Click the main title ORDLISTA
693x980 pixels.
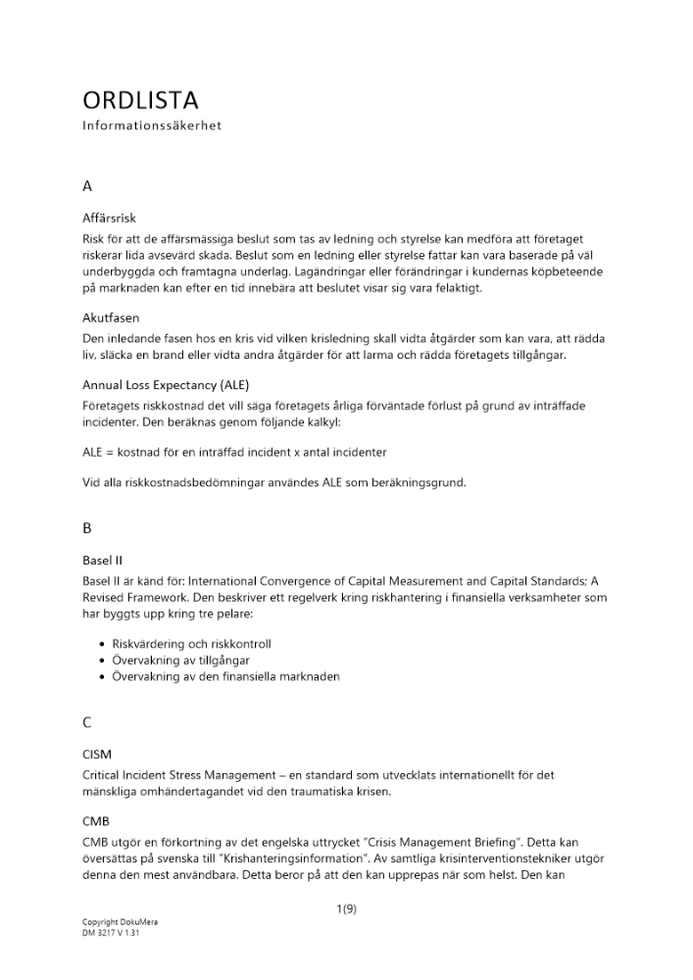pos(140,100)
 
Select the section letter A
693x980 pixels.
pos(87,184)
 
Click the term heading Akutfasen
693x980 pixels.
pos(111,318)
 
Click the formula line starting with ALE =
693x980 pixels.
pos(234,452)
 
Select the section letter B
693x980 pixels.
pos(87,527)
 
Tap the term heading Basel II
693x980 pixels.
pos(102,562)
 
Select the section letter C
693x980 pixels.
pos(87,723)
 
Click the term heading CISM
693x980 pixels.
pos(97,755)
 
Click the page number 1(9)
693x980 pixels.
pos(346,908)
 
